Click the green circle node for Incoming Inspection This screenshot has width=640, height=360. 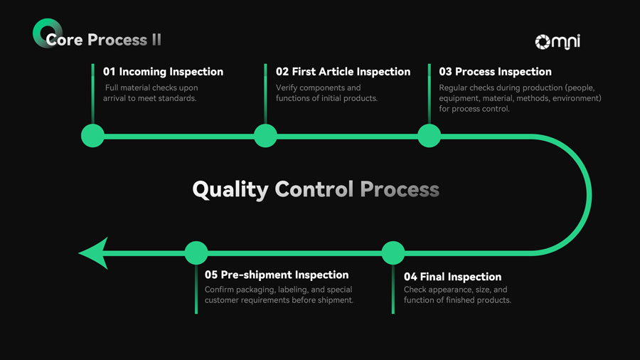pos(92,136)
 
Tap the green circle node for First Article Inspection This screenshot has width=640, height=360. pos(265,136)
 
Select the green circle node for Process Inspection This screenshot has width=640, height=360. pos(429,136)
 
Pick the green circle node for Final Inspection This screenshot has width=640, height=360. pos(393,253)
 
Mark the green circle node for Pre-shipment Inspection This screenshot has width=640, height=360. pos(196,253)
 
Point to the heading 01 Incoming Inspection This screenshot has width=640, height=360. pos(163,72)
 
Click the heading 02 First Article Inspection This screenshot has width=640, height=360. pos(343,72)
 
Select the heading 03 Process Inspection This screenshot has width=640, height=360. pos(495,72)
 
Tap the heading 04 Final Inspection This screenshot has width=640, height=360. pos(452,277)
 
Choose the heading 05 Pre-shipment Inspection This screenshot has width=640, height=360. pos(277,275)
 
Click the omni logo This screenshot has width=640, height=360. pos(558,42)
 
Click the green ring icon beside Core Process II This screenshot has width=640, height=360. pos(43,33)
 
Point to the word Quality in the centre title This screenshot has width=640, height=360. pos(230,190)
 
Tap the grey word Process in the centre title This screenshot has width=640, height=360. pos(399,190)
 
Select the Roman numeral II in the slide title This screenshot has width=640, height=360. pos(156,40)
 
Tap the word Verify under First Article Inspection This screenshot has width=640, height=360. pos(287,88)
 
